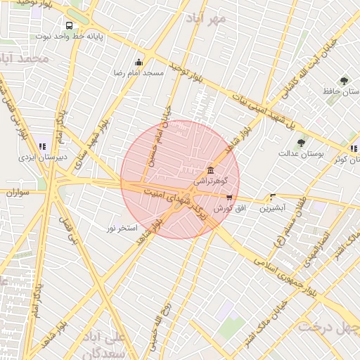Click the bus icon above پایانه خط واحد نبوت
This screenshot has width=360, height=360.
point(67,25)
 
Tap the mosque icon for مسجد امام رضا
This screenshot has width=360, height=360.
point(139,62)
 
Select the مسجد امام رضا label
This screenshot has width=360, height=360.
point(139,72)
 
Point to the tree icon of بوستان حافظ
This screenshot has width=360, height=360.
point(344,81)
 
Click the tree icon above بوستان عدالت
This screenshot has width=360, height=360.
point(301,143)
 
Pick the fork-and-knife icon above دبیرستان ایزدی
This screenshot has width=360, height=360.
point(42,146)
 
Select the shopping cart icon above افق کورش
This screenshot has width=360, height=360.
point(229,198)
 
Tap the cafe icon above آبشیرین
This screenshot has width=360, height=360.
point(272,198)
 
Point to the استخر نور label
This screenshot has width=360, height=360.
point(121,229)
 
